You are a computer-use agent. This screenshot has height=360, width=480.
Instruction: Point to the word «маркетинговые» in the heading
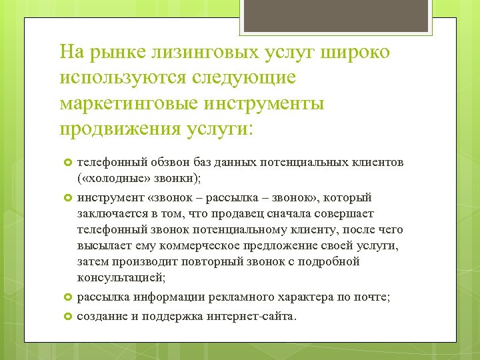(x=124, y=104)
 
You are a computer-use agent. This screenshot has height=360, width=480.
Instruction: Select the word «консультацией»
(x=120, y=278)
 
